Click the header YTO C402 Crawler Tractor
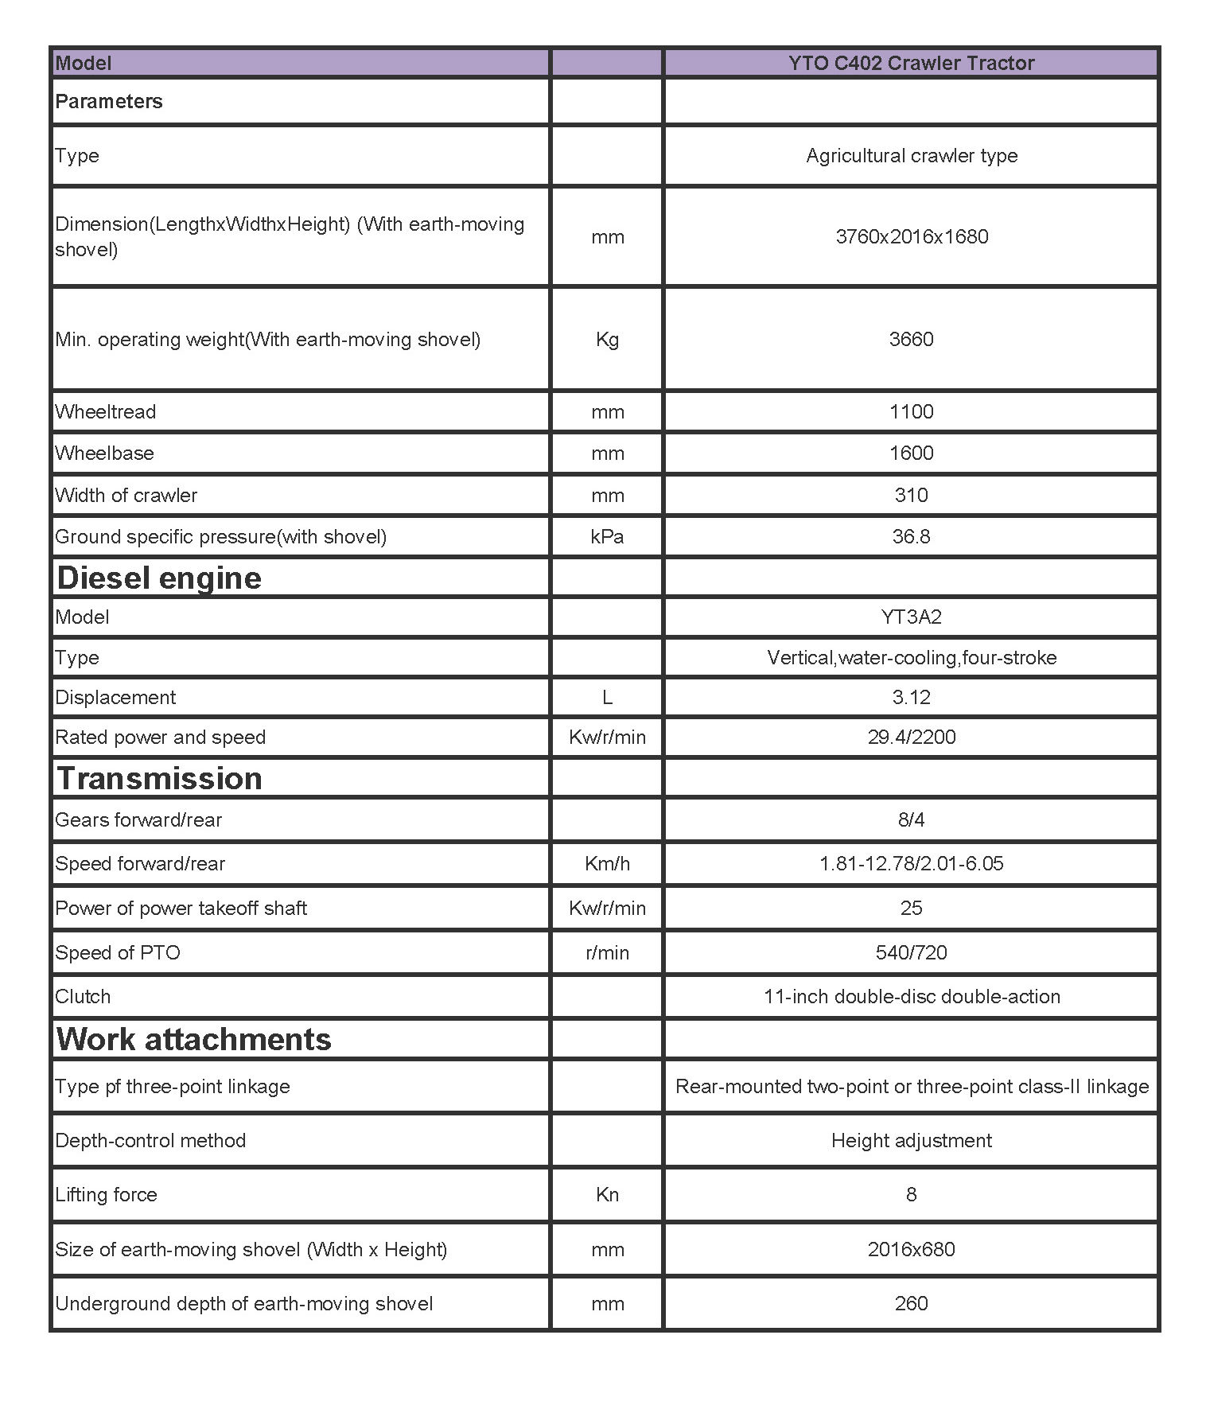pyautogui.click(x=911, y=63)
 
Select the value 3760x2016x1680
pyautogui.click(x=912, y=236)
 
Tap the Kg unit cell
pyautogui.click(x=607, y=340)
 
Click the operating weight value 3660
pyautogui.click(x=911, y=340)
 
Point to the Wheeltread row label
pyautogui.click(x=106, y=412)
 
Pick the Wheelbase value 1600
pyautogui.click(x=911, y=453)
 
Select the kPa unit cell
pyautogui.click(x=607, y=537)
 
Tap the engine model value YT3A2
pyautogui.click(x=911, y=617)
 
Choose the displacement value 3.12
pyautogui.click(x=911, y=698)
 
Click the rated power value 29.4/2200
pyautogui.click(x=912, y=738)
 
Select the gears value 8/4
pyautogui.click(x=911, y=820)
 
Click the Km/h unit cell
pyautogui.click(x=607, y=864)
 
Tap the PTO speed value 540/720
pyautogui.click(x=911, y=953)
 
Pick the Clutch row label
pyautogui.click(x=83, y=997)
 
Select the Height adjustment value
pyautogui.click(x=911, y=1141)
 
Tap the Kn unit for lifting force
pyautogui.click(x=607, y=1195)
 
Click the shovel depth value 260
pyautogui.click(x=911, y=1304)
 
